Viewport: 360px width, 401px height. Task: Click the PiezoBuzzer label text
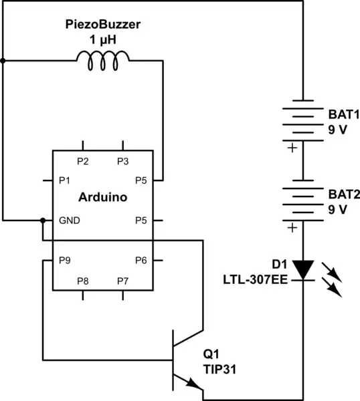[x=102, y=25]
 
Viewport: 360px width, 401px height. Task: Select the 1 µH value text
[x=102, y=39]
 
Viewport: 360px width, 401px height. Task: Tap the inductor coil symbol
[x=102, y=61]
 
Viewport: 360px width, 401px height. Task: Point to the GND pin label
[x=70, y=220]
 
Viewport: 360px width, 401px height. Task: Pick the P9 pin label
[x=65, y=261]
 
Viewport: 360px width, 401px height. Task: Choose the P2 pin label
[x=83, y=161]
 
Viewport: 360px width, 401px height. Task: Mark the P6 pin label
[x=141, y=261]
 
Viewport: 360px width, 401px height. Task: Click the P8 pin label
[x=83, y=279]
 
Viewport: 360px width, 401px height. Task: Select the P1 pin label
[x=65, y=180]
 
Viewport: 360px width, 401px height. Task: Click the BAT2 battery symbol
[x=304, y=202]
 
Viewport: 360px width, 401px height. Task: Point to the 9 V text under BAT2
[x=337, y=209]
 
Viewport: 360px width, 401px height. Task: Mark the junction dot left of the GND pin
[x=43, y=220]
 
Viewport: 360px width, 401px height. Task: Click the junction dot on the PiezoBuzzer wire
[x=3, y=61]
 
